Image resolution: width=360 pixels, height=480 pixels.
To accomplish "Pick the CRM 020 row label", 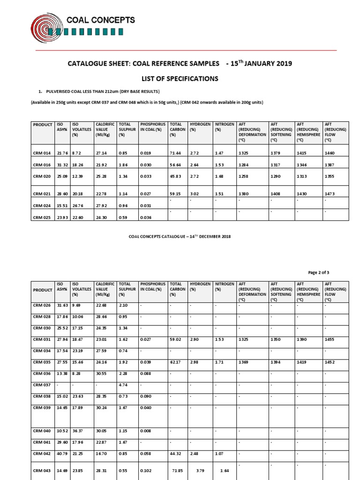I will pyautogui.click(x=41, y=175).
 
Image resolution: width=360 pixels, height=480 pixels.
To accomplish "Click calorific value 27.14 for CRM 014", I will pyautogui.click(x=101, y=153).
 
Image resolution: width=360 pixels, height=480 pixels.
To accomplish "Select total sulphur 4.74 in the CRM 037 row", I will pyautogui.click(x=123, y=384).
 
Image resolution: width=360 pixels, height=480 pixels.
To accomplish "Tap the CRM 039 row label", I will pyautogui.click(x=41, y=407).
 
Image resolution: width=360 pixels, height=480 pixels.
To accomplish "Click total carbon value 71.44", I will pyautogui.click(x=175, y=153).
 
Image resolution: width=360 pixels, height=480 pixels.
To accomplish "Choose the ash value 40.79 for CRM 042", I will pyautogui.click(x=61, y=453).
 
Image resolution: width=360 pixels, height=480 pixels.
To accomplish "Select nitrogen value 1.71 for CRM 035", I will pyautogui.click(x=220, y=362).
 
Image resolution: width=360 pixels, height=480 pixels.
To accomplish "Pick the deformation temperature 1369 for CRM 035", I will pyautogui.click(x=244, y=362).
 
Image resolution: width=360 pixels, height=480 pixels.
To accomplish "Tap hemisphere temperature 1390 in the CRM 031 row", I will pyautogui.click(x=303, y=339).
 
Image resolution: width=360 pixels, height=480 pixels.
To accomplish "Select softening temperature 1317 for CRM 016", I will pyautogui.click(x=277, y=164).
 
